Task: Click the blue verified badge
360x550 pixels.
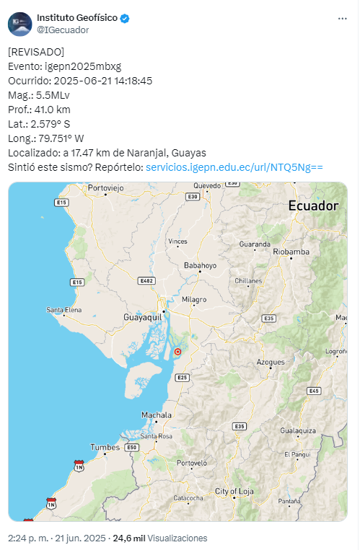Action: pyautogui.click(x=124, y=18)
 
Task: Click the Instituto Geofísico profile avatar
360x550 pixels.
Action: pyautogui.click(x=19, y=24)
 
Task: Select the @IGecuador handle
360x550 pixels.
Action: pyautogui.click(x=63, y=30)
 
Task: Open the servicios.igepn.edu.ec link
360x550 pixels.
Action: pyautogui.click(x=234, y=167)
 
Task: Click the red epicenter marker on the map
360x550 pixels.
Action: pyautogui.click(x=177, y=352)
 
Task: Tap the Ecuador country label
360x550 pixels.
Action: pyautogui.click(x=313, y=206)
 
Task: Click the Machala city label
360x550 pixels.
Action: pyautogui.click(x=157, y=415)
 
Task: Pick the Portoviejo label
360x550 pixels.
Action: pyautogui.click(x=107, y=188)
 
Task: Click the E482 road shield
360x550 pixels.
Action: pyautogui.click(x=147, y=280)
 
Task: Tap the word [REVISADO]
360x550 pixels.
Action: pyautogui.click(x=36, y=52)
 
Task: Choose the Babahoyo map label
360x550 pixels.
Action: pyautogui.click(x=200, y=265)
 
